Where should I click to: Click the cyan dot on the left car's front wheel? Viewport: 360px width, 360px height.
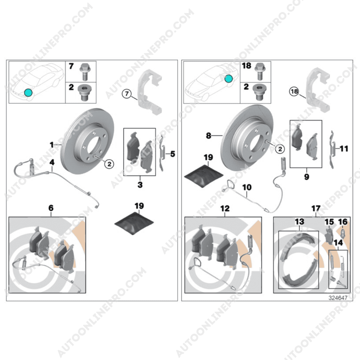coord(28,93)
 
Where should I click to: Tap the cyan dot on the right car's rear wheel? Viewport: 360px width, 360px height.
coord(228,79)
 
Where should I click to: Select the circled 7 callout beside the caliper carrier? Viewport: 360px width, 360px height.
coord(127,94)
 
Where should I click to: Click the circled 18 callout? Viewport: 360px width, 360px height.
coord(294,92)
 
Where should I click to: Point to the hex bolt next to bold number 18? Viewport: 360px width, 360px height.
coord(260,71)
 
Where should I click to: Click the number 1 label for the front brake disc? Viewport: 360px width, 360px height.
coord(52,145)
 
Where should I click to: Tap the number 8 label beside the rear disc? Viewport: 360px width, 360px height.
coord(208,135)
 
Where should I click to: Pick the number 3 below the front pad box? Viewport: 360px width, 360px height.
coord(140,184)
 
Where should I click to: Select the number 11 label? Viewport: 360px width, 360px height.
coord(344,149)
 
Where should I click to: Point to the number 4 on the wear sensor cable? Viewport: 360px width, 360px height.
coord(52,162)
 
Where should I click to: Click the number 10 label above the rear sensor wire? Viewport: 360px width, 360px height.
coord(247,187)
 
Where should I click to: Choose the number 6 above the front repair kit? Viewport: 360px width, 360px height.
coord(51,208)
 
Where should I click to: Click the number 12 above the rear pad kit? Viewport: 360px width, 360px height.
coord(225,208)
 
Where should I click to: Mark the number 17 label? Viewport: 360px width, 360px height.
coord(316,208)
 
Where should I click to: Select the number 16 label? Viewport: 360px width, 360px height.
coord(343,222)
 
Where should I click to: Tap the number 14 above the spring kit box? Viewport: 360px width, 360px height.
coord(338,242)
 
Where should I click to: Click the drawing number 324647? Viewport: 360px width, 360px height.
coord(338,298)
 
